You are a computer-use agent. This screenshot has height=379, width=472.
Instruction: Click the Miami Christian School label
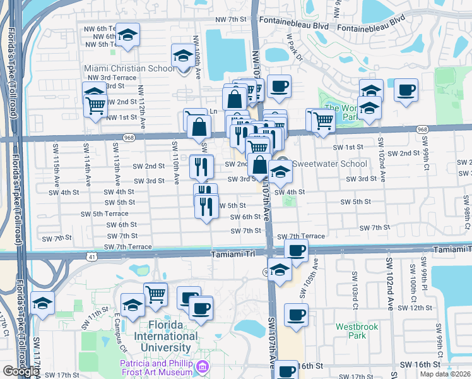pos(129,68)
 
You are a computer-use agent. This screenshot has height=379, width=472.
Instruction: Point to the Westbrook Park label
pos(351,331)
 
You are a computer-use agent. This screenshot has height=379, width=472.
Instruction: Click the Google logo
pos(21,372)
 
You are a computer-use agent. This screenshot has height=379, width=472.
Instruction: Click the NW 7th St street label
pos(228,20)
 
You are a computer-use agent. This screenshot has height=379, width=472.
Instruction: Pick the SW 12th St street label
pos(415,308)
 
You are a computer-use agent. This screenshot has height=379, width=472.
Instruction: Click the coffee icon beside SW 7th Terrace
pos(295,250)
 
